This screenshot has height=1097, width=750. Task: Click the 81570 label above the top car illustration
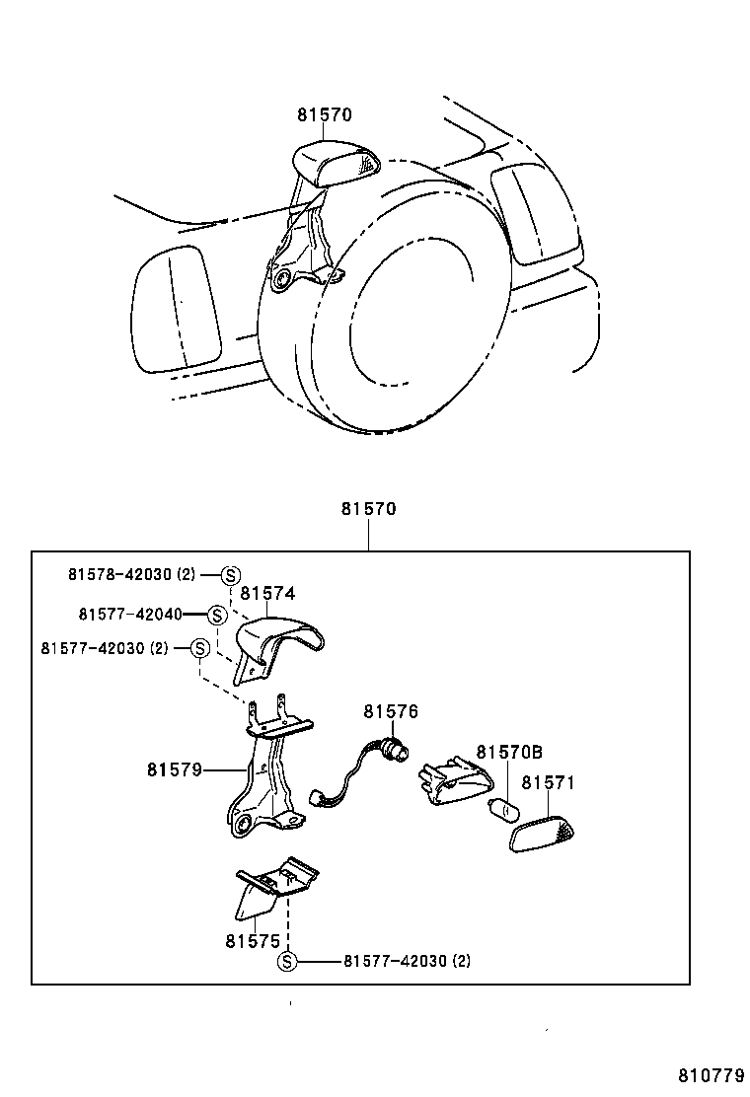click(325, 114)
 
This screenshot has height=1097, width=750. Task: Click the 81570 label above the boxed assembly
click(368, 510)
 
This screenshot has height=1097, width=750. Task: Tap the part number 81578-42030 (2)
click(132, 573)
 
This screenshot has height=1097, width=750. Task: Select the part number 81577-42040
click(130, 614)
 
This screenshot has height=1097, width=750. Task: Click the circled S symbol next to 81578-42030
click(230, 574)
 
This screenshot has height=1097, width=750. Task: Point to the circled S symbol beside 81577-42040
click(218, 615)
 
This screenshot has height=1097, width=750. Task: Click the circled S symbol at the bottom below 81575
click(286, 961)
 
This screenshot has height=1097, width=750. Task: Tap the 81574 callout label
click(267, 593)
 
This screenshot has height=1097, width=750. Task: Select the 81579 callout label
click(175, 769)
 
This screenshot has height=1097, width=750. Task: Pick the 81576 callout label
click(391, 711)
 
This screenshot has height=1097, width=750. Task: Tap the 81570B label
click(509, 752)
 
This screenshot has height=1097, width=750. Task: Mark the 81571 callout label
click(548, 783)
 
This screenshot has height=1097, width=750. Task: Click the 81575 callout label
click(253, 941)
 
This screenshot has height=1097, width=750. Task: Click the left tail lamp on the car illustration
click(176, 309)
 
